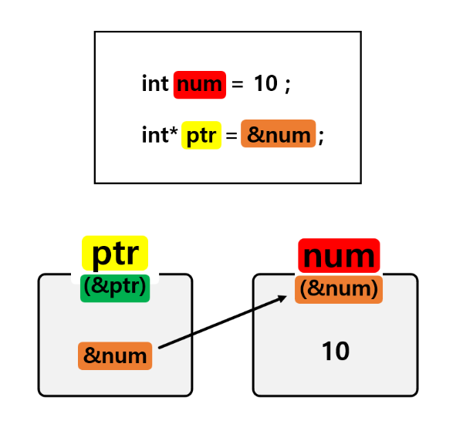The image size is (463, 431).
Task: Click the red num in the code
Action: pos(200,84)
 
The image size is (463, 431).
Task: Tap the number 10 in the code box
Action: pos(265,84)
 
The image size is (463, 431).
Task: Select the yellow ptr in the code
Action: pos(201,136)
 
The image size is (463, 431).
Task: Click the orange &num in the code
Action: pos(278,135)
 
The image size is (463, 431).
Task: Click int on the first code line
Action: pos(155,84)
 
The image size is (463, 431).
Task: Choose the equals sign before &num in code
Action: pos(231,136)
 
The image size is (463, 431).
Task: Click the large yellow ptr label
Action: pos(115,253)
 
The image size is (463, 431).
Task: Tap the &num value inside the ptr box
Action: pos(115,356)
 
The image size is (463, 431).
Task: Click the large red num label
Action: pos(339,256)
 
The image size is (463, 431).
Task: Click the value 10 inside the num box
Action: pos(336,352)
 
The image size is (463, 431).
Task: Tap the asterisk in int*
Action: pos(174,133)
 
